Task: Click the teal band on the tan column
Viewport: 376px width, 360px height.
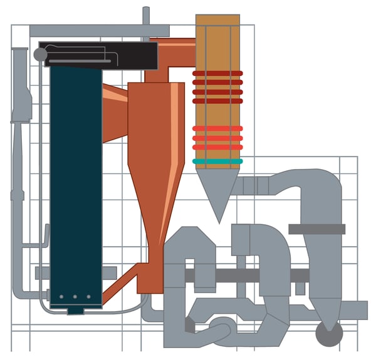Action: click(x=217, y=162)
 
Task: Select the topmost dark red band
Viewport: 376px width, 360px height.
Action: click(x=217, y=73)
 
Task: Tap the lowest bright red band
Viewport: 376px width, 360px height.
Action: click(x=217, y=147)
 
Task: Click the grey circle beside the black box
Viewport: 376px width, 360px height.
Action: click(x=40, y=54)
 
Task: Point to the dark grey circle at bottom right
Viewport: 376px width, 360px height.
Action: click(x=329, y=332)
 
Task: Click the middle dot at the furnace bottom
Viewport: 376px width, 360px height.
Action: click(x=75, y=297)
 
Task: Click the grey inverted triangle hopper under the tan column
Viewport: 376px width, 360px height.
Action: click(x=217, y=191)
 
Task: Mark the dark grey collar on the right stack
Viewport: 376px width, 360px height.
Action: click(x=316, y=229)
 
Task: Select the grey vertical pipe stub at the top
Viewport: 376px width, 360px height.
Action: click(x=146, y=16)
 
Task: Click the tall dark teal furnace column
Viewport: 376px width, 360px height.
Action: click(x=76, y=182)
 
